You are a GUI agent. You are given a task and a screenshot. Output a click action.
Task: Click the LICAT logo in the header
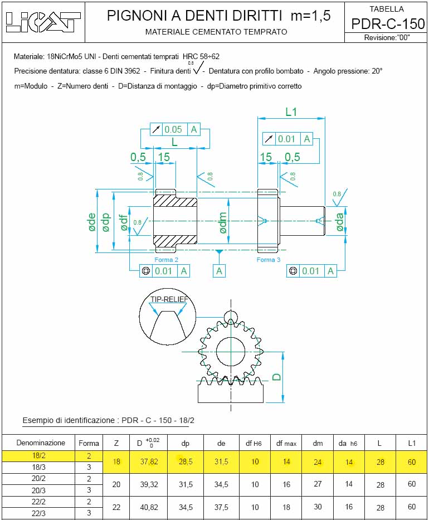tap(43, 22)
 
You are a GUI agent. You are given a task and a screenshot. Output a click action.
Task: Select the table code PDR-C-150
tap(388, 24)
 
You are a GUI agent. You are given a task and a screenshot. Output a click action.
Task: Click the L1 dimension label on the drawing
tap(291, 112)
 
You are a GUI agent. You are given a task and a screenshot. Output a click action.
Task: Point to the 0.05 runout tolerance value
tap(173, 129)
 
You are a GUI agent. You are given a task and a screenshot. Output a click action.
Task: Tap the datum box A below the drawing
tap(219, 271)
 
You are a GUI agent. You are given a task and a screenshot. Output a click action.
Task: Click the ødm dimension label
tap(223, 222)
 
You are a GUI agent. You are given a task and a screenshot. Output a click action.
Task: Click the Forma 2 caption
tap(167, 260)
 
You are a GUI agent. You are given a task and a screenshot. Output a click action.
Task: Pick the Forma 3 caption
tap(269, 260)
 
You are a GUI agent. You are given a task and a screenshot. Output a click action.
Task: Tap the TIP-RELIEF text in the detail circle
tap(169, 299)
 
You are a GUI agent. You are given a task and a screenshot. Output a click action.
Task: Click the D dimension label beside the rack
tap(276, 377)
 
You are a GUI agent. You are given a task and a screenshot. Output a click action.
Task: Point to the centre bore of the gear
tap(231, 352)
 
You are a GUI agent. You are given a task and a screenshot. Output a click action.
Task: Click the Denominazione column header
tap(41, 443)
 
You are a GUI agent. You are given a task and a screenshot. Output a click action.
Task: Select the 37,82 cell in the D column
tap(149, 461)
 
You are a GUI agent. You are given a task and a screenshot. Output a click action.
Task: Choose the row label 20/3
tap(38, 490)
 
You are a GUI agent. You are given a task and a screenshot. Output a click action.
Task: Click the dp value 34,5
tap(186, 507)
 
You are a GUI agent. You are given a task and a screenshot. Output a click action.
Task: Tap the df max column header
tap(286, 444)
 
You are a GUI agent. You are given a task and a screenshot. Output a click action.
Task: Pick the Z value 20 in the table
tap(116, 484)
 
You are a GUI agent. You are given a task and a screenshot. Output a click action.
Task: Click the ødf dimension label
tap(124, 222)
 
